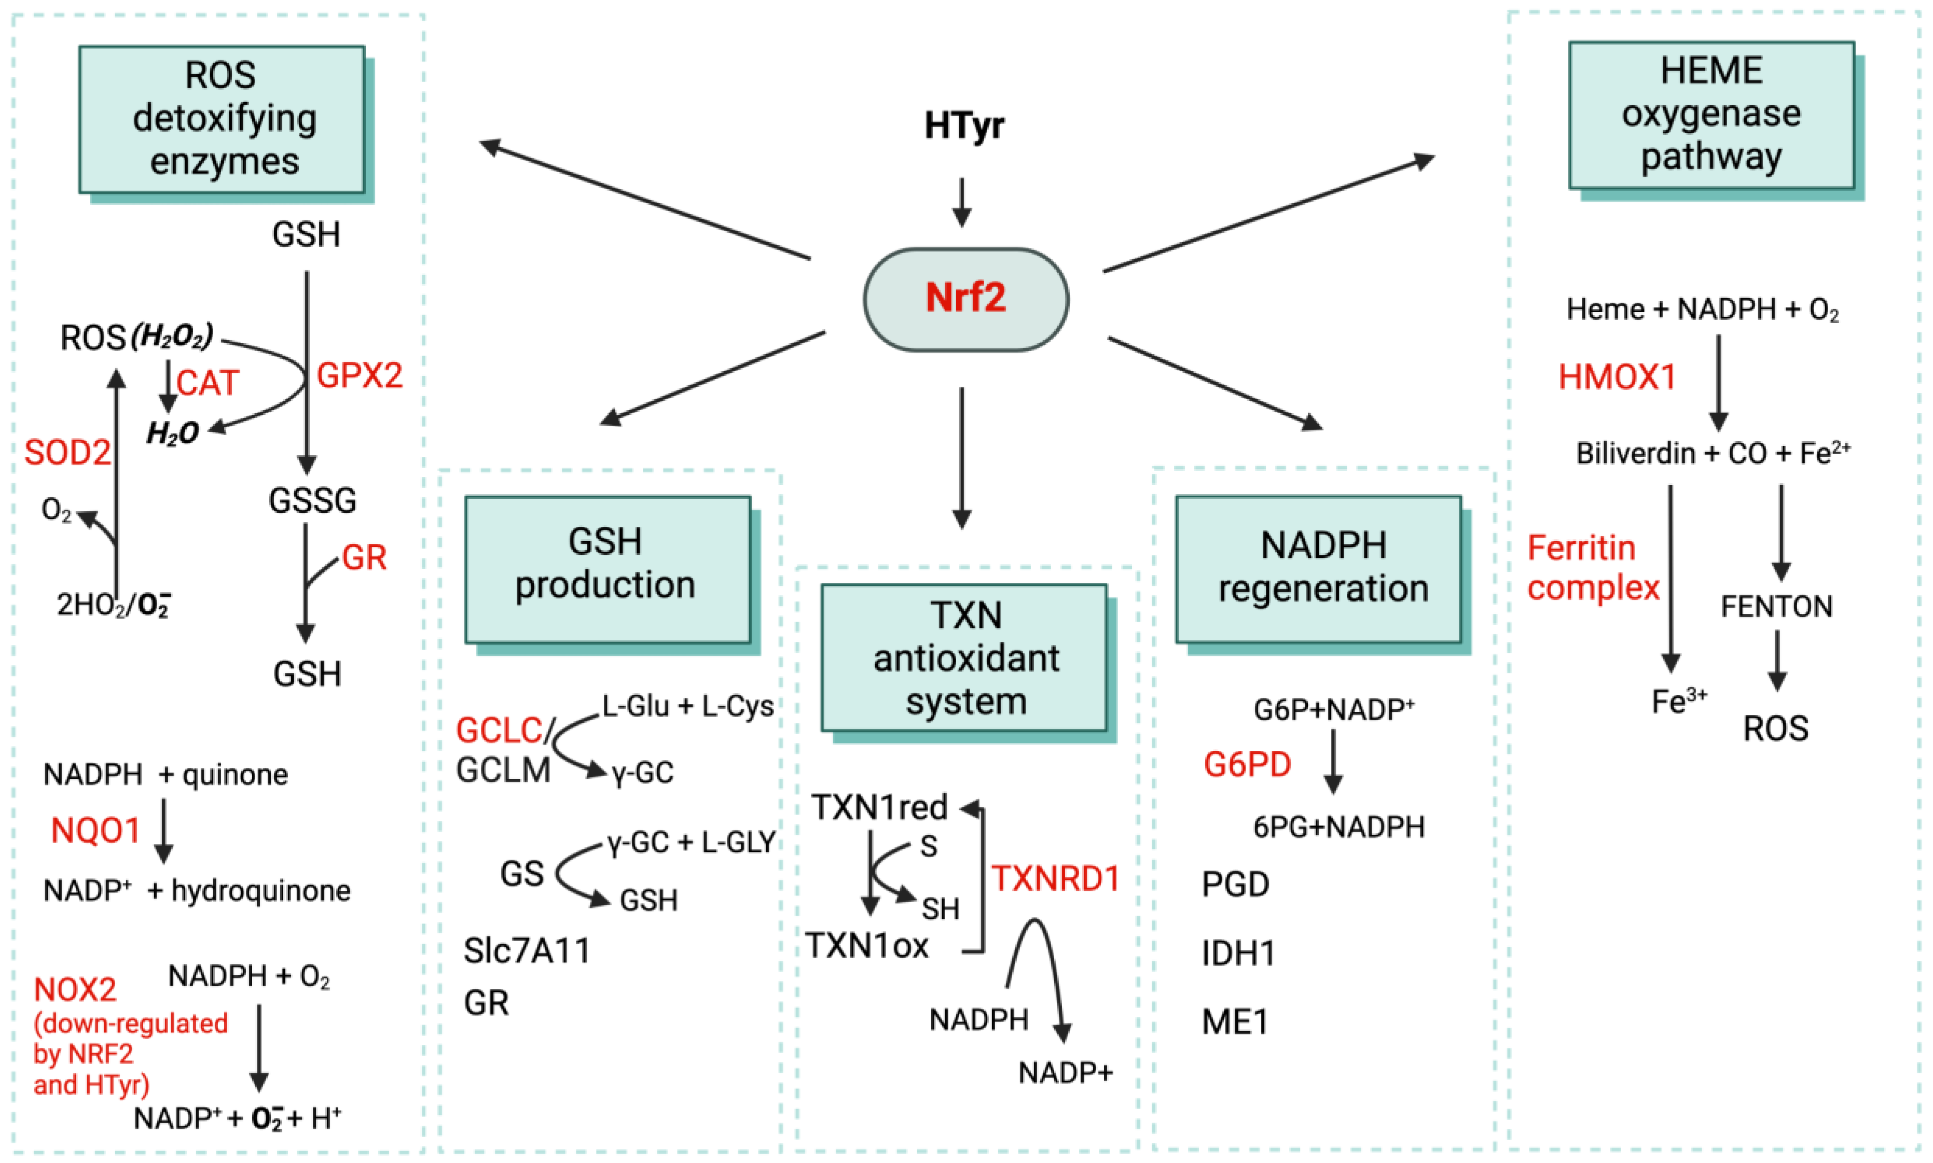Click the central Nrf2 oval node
pyautogui.click(x=965, y=299)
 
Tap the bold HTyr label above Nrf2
pyautogui.click(x=963, y=125)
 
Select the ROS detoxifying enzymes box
pyautogui.click(x=222, y=119)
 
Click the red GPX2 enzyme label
pyautogui.click(x=359, y=376)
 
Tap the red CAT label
pyautogui.click(x=207, y=383)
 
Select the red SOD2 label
pyautogui.click(x=67, y=452)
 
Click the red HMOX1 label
pyautogui.click(x=1617, y=377)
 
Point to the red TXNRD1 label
pyautogui.click(x=1056, y=878)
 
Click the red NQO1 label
pyautogui.click(x=95, y=831)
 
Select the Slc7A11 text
pyautogui.click(x=527, y=950)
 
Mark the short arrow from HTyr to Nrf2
pyautogui.click(x=962, y=202)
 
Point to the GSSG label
pyautogui.click(x=312, y=500)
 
